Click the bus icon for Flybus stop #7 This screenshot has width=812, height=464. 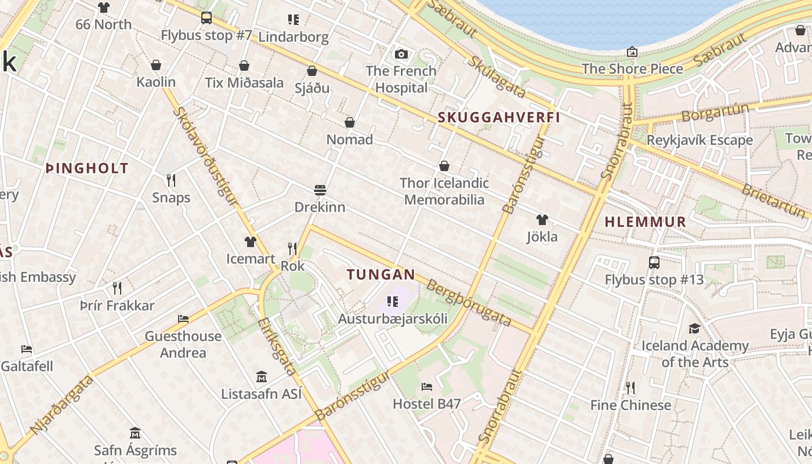pyautogui.click(x=206, y=18)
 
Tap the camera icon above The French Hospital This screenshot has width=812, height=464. pyautogui.click(x=401, y=55)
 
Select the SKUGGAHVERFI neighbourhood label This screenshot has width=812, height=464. pyautogui.click(x=499, y=117)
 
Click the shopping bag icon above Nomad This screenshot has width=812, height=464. pyautogui.click(x=350, y=122)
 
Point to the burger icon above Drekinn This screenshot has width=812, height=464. pyautogui.click(x=320, y=190)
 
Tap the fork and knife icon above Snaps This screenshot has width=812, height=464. pyautogui.click(x=171, y=180)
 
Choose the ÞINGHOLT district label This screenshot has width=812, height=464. pyautogui.click(x=87, y=169)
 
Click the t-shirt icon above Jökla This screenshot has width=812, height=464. pyautogui.click(x=542, y=220)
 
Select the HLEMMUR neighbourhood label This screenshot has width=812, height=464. pyautogui.click(x=646, y=222)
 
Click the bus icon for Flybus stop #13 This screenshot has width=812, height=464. pyautogui.click(x=654, y=263)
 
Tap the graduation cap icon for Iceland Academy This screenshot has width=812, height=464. pyautogui.click(x=694, y=329)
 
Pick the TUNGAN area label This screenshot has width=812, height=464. pyautogui.click(x=381, y=275)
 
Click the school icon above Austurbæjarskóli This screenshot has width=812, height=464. pyautogui.click(x=393, y=302)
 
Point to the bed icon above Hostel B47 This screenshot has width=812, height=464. pyautogui.click(x=427, y=386)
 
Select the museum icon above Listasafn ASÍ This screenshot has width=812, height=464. pyautogui.click(x=262, y=377)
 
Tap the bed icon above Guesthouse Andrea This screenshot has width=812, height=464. pyautogui.click(x=183, y=319)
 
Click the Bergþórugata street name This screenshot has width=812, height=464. pyautogui.click(x=469, y=303)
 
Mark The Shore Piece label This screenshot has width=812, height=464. pyautogui.click(x=632, y=68)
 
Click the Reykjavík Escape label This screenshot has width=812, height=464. pyautogui.click(x=699, y=140)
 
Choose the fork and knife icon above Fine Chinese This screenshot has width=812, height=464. pyautogui.click(x=630, y=387)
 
